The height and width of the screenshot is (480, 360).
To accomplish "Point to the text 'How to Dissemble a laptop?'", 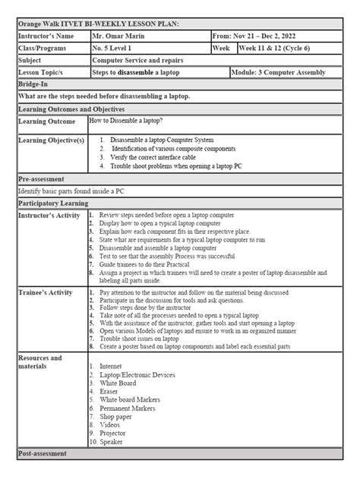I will click(129, 121).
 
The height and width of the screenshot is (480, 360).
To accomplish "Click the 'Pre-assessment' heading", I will click(46, 179).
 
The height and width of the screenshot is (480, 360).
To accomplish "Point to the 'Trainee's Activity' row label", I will click(47, 292).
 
